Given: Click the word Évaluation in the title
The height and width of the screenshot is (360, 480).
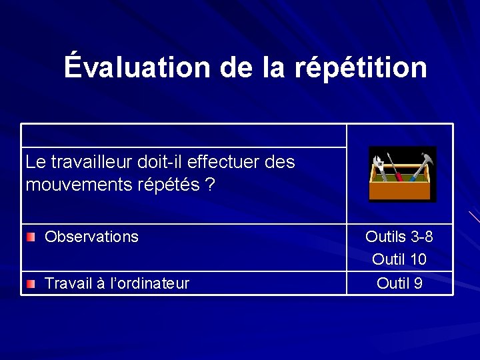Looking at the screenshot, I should (137, 67).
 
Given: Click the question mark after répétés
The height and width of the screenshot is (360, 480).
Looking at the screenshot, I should (210, 185).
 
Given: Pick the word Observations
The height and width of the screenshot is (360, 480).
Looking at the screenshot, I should (91, 237).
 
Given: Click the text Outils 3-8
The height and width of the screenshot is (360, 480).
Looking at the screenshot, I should (399, 237).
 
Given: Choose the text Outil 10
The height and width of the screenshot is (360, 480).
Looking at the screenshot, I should (399, 259).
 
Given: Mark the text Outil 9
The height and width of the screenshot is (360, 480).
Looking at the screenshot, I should (399, 283).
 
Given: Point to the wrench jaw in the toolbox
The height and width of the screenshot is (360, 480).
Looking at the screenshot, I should (377, 161).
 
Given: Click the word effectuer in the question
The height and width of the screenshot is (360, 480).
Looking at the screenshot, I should (226, 162).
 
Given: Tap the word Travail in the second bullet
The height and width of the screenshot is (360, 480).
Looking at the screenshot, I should (67, 284).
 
